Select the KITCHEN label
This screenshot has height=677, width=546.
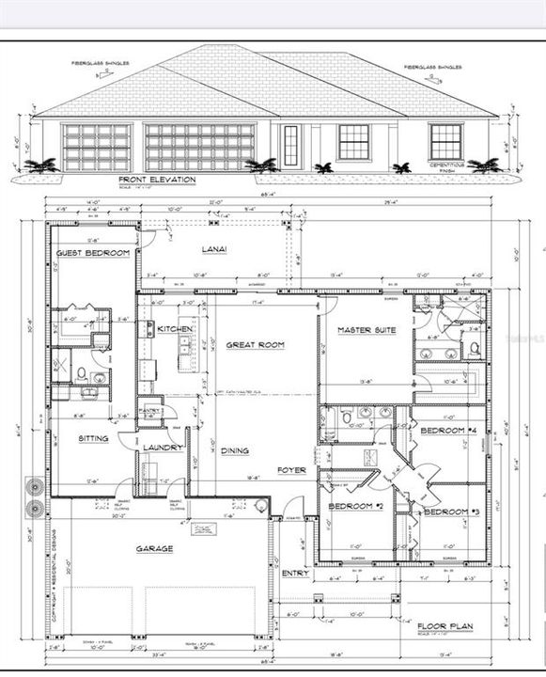coord(175,329)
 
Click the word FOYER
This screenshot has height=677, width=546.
coord(290,470)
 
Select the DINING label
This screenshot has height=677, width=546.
coord(235,450)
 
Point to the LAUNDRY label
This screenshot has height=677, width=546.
coord(162,448)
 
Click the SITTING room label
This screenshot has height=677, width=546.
coord(93,438)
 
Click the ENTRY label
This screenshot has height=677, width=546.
coord(294,572)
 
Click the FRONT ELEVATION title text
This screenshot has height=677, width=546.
coord(157,179)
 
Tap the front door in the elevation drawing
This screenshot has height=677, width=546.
coord(290,145)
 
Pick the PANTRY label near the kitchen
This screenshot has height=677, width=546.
coord(150,411)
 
